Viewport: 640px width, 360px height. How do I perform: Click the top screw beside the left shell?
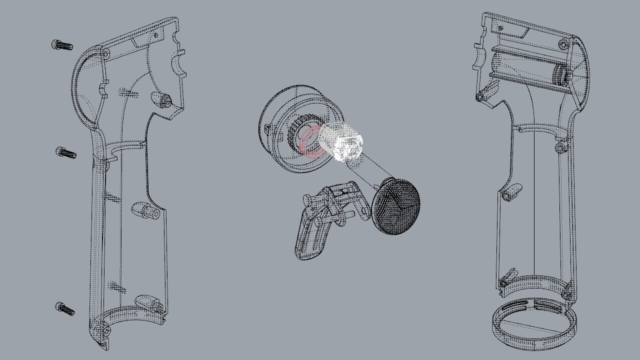tap(62, 45)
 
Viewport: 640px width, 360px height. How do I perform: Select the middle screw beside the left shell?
tap(66, 152)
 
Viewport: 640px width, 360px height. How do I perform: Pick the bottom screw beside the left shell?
tap(65, 308)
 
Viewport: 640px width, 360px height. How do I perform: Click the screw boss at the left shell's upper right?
tap(162, 98)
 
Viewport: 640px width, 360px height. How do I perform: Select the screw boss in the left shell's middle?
tap(146, 210)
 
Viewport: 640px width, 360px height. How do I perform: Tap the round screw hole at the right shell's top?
tap(564, 44)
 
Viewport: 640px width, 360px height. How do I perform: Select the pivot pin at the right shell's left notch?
tap(481, 96)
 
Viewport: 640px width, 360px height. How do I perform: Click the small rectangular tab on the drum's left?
tap(266, 129)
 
